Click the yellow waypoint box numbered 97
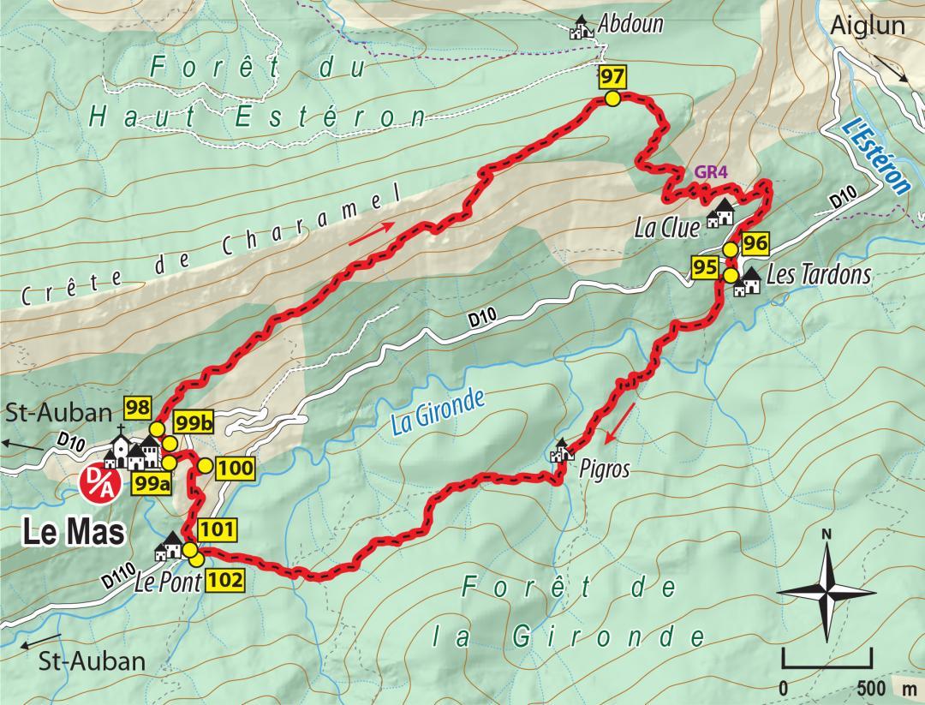(x=612, y=77)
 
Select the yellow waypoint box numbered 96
(x=754, y=243)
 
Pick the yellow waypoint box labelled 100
(x=236, y=468)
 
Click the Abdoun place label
(x=632, y=24)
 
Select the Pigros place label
(x=604, y=469)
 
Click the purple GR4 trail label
(x=711, y=171)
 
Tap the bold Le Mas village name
(x=71, y=533)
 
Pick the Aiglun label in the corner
(x=867, y=26)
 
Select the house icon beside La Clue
(x=722, y=211)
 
